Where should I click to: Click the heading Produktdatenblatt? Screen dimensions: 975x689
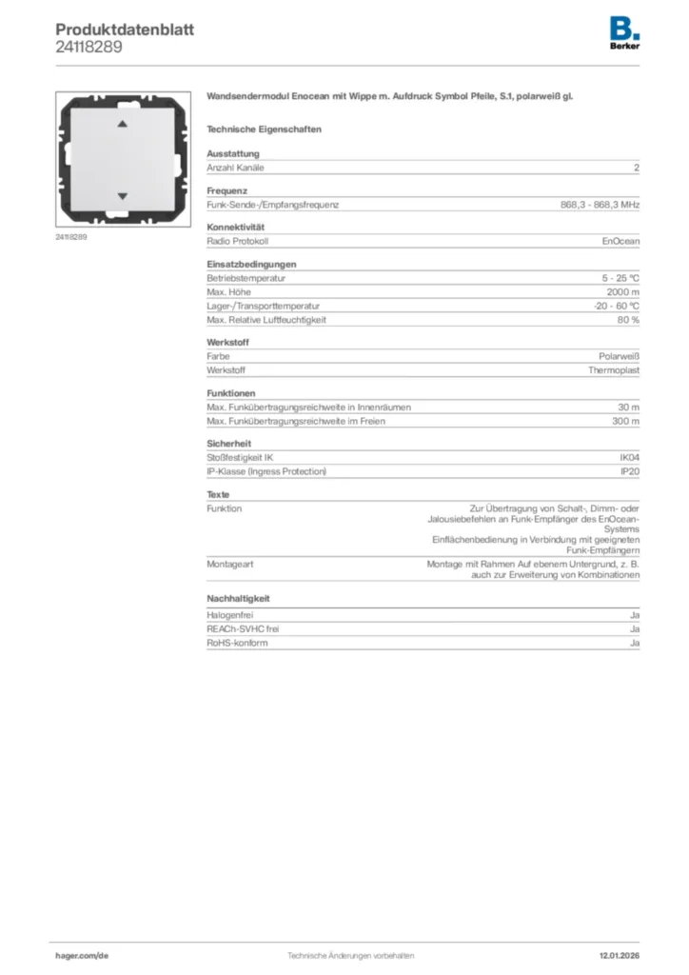125,30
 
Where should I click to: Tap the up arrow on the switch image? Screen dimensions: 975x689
121,125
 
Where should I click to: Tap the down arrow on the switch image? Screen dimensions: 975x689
121,196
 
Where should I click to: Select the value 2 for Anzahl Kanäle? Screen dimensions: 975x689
636,168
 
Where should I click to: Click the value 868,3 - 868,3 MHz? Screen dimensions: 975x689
600,205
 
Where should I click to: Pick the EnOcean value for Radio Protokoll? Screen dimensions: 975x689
620,242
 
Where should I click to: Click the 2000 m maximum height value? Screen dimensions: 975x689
623,292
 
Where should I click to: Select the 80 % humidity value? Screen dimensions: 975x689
628,320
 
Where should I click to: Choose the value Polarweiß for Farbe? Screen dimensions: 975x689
619,356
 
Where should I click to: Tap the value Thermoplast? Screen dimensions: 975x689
614,370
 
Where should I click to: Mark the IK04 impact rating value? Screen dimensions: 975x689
629,458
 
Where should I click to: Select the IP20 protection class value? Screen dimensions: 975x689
630,471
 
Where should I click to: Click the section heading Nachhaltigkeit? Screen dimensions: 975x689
238,598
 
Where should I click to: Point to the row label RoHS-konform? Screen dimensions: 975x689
237,643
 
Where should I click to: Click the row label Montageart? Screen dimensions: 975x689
230,564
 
